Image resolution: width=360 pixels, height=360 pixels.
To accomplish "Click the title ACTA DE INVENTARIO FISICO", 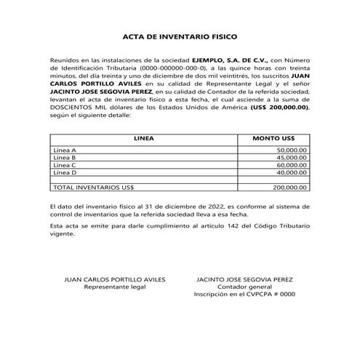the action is point(180,35).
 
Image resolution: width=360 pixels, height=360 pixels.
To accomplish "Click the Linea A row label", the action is point(65,150).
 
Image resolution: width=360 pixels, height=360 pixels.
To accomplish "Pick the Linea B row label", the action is point(65,157).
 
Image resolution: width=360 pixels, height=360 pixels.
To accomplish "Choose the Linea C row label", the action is point(65,165).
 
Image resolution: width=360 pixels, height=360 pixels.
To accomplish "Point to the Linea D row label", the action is point(65,172).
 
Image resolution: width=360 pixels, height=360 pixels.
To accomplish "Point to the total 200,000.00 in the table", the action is point(290,188).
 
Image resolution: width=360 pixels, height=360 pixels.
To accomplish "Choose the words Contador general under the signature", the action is point(244,287).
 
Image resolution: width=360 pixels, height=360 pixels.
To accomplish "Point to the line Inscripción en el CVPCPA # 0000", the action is point(244,295).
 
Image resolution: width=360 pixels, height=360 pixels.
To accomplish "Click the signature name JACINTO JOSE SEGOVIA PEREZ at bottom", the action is point(244,279).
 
